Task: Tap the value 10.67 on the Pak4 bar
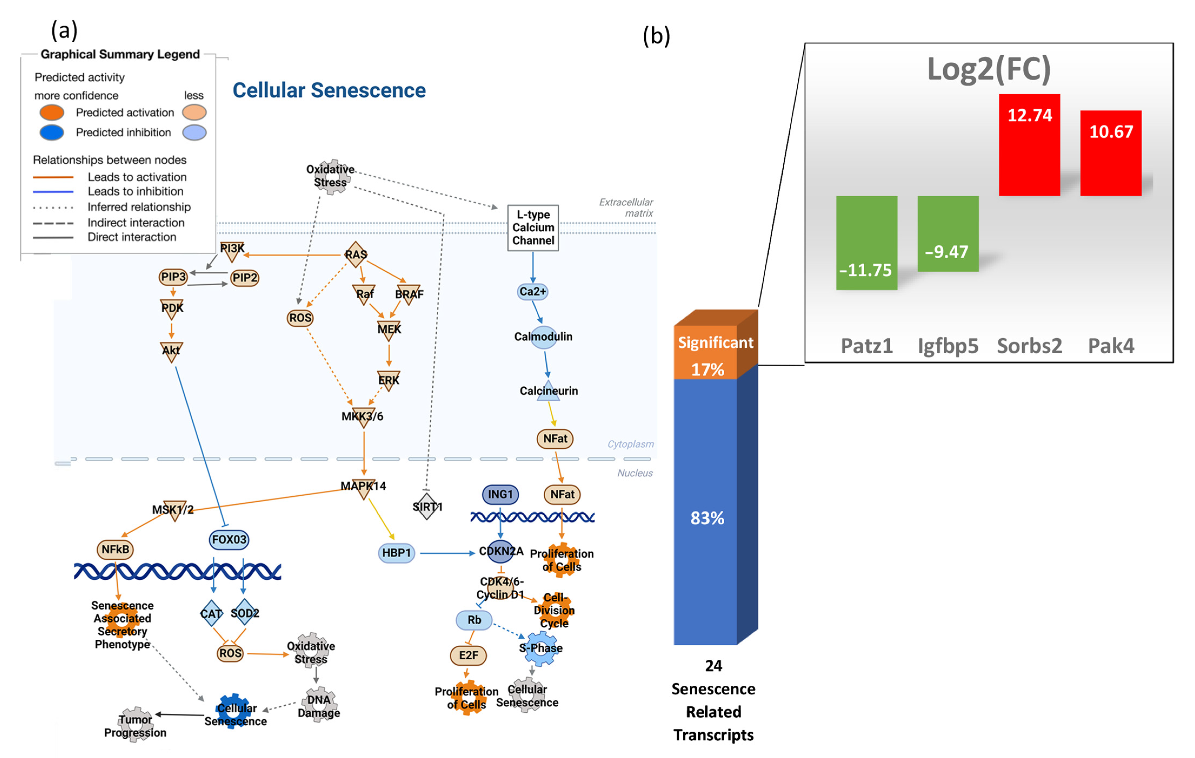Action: [x=1111, y=132]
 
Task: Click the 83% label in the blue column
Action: [x=707, y=518]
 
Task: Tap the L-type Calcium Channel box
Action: [x=533, y=228]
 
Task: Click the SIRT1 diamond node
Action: [x=427, y=506]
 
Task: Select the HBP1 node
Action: [x=396, y=553]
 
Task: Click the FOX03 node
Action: [x=229, y=539]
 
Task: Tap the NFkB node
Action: [x=115, y=549]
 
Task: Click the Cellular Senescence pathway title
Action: [x=329, y=90]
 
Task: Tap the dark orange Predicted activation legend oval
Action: [x=52, y=113]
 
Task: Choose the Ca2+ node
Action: [x=532, y=292]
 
